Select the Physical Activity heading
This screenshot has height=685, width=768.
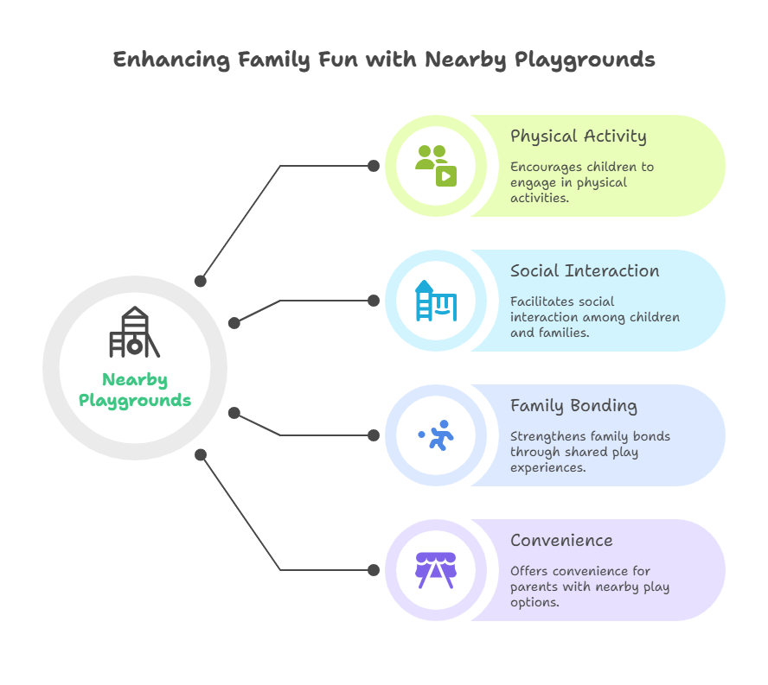[578, 136]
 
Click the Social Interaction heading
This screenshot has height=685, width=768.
[585, 271]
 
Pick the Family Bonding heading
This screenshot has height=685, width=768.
[573, 406]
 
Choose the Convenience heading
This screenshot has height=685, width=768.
[561, 541]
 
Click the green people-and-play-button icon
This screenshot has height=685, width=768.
[436, 165]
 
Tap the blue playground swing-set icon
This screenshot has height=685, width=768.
[436, 301]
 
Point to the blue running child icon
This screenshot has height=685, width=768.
[437, 435]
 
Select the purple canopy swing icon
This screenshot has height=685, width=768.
[436, 570]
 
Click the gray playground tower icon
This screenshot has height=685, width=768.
[134, 333]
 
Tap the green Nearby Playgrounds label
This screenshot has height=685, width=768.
[135, 390]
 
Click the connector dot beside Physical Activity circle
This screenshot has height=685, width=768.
[374, 165]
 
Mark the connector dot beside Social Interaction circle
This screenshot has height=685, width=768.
[374, 301]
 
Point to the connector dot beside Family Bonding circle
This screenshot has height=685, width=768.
[374, 435]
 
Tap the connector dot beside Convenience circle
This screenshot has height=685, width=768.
[374, 570]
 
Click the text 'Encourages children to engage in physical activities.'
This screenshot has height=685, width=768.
[581, 182]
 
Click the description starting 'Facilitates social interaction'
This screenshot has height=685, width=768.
[594, 317]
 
